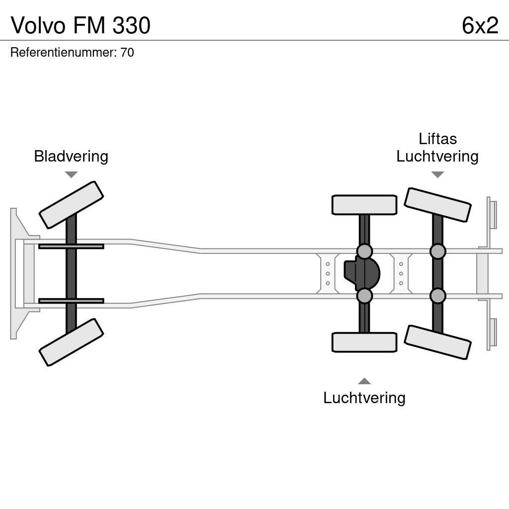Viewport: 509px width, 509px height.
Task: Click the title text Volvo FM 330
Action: [81, 25]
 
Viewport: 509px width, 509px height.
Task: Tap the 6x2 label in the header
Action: [480, 25]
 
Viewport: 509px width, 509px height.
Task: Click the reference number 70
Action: [127, 53]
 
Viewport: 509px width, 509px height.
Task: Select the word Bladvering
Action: [71, 156]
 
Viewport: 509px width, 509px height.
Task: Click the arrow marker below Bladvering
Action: [71, 174]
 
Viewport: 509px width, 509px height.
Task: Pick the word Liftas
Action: [437, 139]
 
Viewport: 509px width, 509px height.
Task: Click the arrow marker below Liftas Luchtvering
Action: [437, 174]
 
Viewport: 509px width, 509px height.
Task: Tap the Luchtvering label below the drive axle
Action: [364, 398]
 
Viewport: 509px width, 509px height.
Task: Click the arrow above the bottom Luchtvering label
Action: [364, 381]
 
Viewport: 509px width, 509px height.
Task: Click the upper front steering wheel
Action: [71, 205]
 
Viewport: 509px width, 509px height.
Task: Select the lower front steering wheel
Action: [71, 342]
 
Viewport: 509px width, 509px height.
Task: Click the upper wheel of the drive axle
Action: [364, 205]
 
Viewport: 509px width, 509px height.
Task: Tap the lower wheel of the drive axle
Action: [364, 342]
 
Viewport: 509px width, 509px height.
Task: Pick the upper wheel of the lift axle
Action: [437, 205]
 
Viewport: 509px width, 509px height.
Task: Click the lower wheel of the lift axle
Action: [437, 342]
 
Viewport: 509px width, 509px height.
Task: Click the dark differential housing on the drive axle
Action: [362, 273]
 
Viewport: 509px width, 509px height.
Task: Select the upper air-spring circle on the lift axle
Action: [437, 252]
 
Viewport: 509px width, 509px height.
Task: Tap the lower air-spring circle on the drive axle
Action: [364, 296]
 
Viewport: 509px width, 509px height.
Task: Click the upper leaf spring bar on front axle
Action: [71, 247]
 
